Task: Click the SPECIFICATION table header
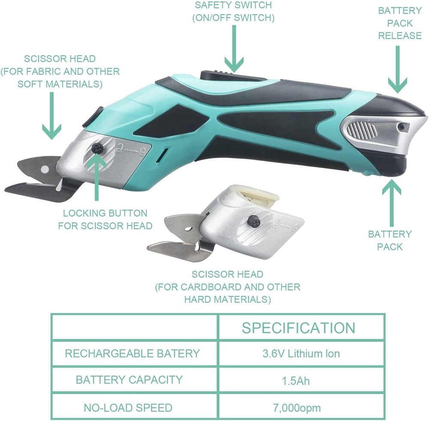[298, 328]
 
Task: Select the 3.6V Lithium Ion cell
[301, 353]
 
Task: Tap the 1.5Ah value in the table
[296, 381]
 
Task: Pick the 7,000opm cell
[297, 408]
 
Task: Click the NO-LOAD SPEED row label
[128, 408]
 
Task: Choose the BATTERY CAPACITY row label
[129, 380]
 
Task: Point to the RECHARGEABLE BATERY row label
[133, 353]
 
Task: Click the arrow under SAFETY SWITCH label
[234, 49]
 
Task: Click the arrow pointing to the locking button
[96, 178]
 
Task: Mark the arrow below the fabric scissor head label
[52, 116]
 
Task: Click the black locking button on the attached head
[97, 148]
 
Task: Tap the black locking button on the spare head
[251, 221]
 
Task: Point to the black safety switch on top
[233, 75]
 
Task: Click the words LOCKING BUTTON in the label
[105, 213]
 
